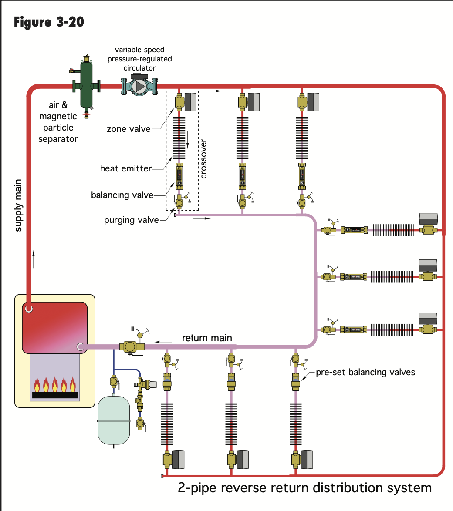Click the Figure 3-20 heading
tap(49, 22)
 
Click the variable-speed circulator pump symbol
tap(139, 86)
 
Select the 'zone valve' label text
tap(128, 129)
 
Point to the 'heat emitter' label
tap(126, 168)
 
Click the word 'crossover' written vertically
tap(203, 159)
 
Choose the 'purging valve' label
tap(132, 220)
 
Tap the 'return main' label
tap(207, 338)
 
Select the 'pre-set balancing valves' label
tap(365, 372)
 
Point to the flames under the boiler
tap(54, 385)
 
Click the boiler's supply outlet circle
tap(29, 309)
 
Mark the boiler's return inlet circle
tap(80, 347)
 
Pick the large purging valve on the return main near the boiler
tap(130, 346)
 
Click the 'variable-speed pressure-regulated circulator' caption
tap(139, 59)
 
